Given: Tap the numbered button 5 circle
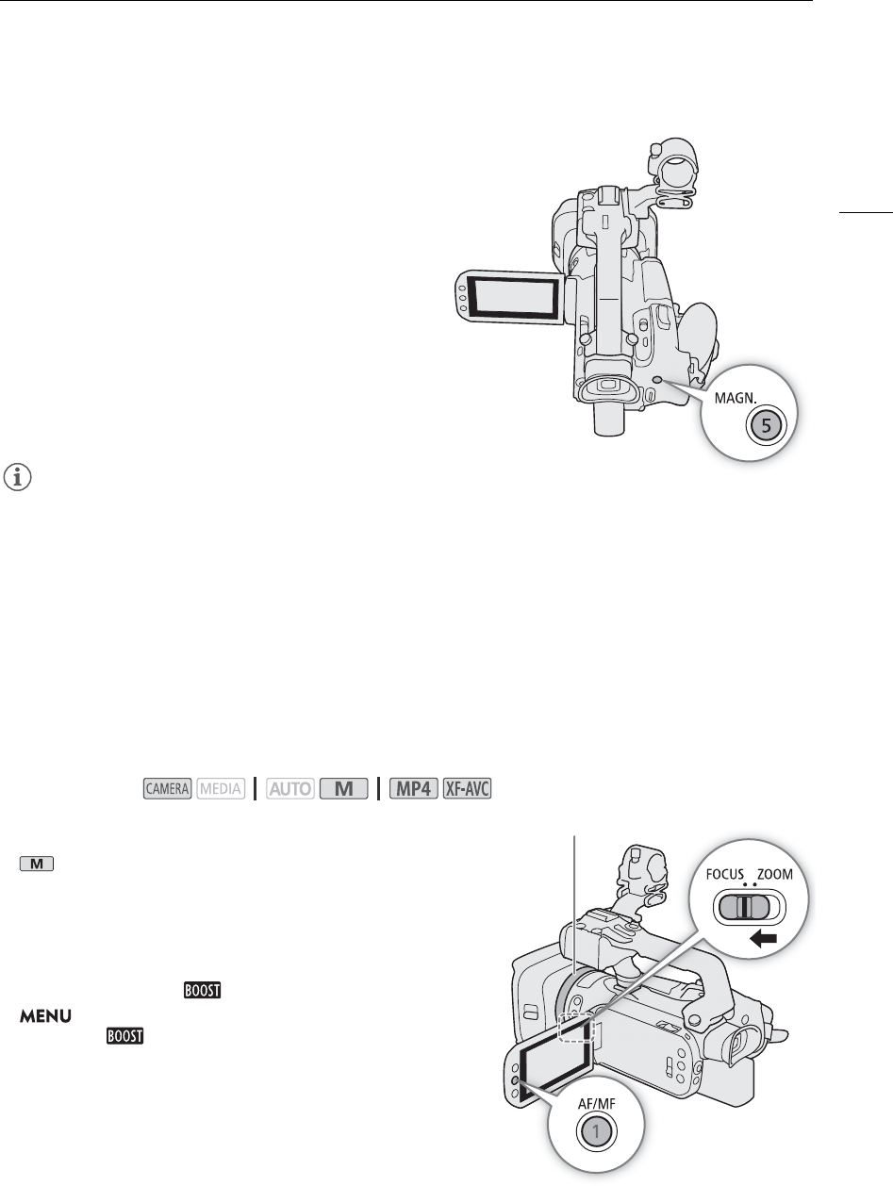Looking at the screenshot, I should [765, 425].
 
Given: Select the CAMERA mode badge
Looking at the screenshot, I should [168, 787].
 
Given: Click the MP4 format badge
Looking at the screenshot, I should [415, 787].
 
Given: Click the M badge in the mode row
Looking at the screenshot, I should [341, 787].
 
